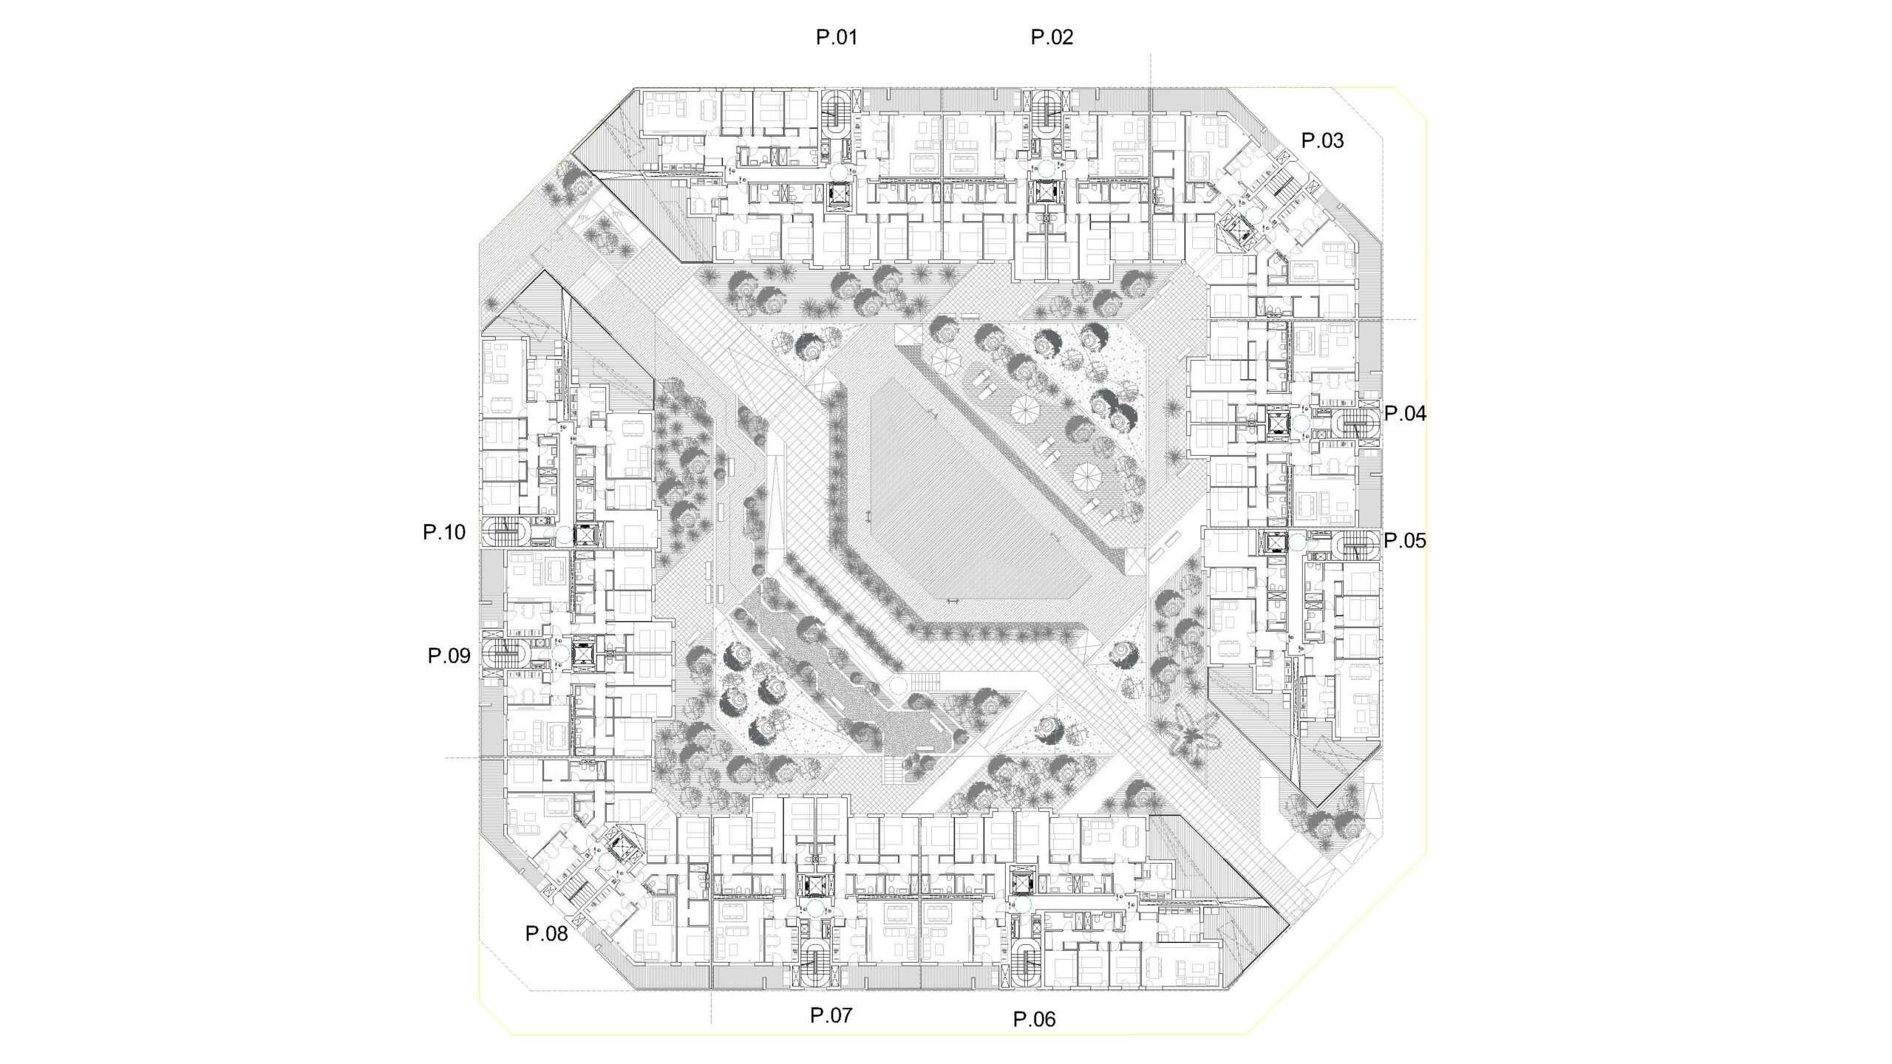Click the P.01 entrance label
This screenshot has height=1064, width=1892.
837,37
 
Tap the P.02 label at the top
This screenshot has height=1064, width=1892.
1052,37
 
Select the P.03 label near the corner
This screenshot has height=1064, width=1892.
1322,140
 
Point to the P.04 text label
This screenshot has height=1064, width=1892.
1405,414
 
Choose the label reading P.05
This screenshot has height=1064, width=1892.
1405,541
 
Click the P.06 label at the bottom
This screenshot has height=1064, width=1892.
1035,1020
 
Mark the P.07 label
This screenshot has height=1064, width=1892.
831,1015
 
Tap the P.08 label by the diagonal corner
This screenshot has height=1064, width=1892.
547,934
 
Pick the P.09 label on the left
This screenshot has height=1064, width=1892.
449,655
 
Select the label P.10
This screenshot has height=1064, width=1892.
444,532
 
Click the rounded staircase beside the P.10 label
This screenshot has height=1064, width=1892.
505,532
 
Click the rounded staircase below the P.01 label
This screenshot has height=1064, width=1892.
837,115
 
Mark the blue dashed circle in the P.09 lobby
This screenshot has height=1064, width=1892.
559,653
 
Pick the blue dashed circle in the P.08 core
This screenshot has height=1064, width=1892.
608,862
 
